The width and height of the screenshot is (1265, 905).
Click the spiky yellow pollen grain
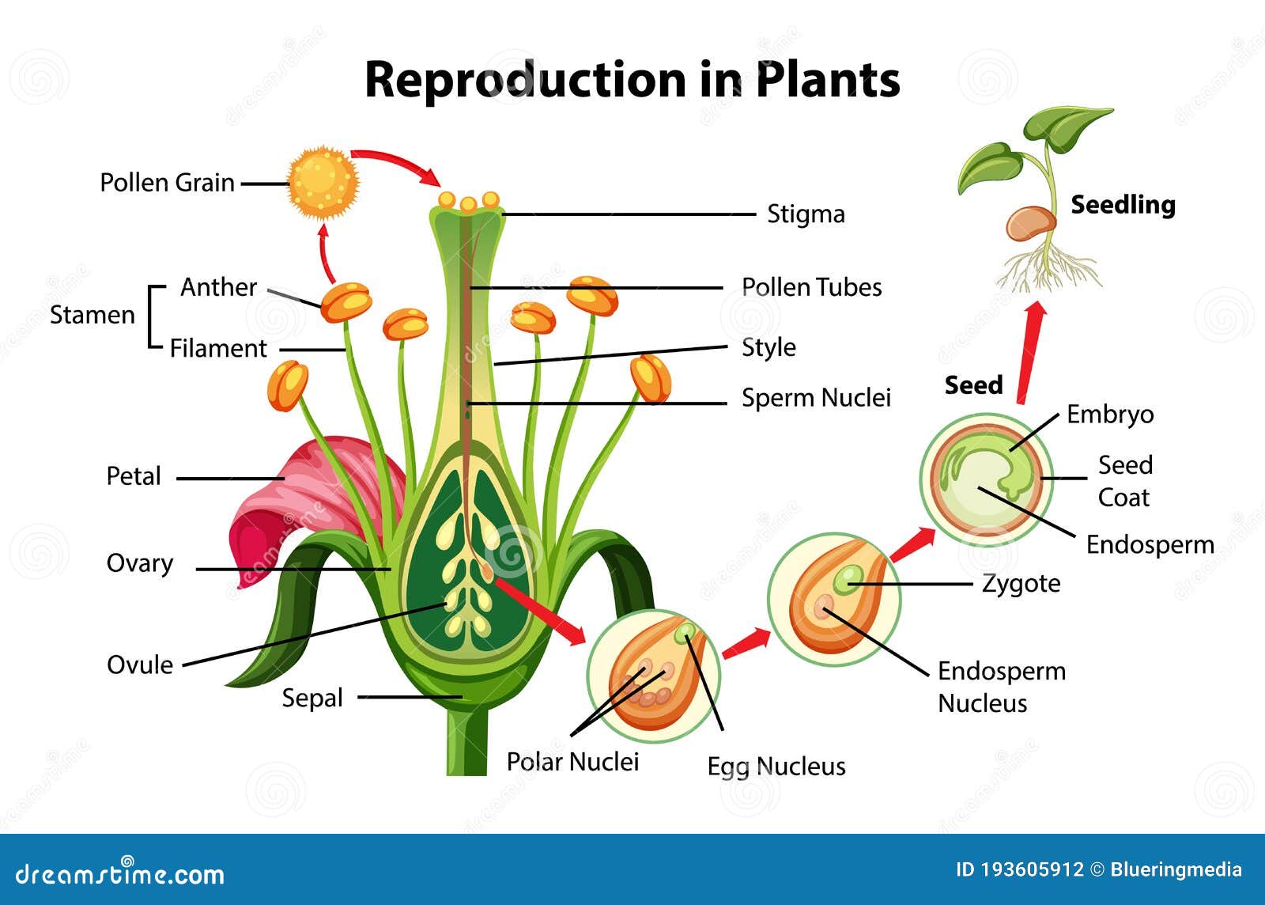pos(323,183)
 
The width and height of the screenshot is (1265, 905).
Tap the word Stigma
pos(806,214)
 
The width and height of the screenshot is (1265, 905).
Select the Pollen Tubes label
pos(811,287)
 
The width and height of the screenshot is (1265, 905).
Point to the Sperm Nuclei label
pos(816,398)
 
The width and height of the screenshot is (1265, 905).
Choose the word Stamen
pos(93,315)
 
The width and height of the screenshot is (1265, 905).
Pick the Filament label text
pos(218,349)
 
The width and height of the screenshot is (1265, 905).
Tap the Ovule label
pos(140,665)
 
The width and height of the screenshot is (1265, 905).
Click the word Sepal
pos(312,698)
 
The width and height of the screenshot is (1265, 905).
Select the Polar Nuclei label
pos(572,762)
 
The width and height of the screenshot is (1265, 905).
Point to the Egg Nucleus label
pos(776,766)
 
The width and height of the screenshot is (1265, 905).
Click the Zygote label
pos(1021,584)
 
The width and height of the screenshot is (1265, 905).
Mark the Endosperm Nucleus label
pos(1001,687)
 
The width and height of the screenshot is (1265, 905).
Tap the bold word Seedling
pos(1123,205)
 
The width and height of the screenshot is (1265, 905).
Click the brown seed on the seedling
pos(1030,223)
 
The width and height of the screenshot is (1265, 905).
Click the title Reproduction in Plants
pos(632,79)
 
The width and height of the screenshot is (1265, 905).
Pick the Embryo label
pos(1110,415)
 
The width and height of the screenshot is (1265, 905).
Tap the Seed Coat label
pos(1124,481)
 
